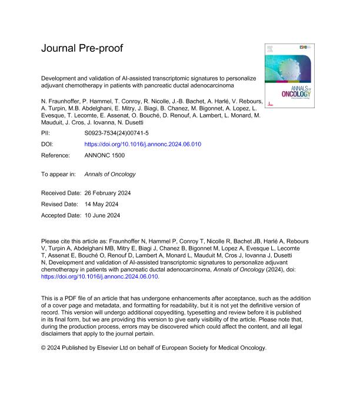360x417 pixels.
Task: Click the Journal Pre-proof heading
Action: [x=82, y=48]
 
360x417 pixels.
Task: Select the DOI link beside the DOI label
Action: [x=143, y=144]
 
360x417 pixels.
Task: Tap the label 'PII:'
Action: [x=46, y=134]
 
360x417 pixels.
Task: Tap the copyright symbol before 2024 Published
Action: [x=44, y=348]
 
